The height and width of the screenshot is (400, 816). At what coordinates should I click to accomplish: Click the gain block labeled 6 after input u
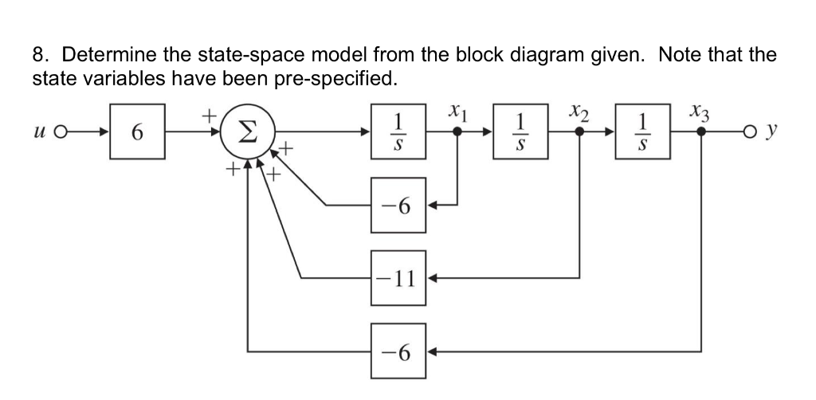138,132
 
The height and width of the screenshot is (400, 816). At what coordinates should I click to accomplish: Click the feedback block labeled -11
399,278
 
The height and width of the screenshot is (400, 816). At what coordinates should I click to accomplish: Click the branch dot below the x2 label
579,132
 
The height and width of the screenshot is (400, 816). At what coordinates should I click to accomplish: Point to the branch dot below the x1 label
457,132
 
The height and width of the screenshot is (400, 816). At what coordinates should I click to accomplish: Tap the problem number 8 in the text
41,57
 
